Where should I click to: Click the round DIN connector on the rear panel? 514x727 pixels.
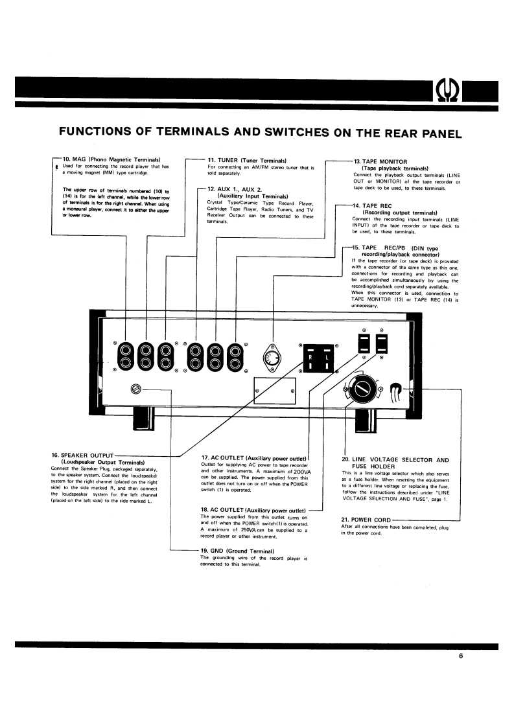pyautogui.click(x=272, y=358)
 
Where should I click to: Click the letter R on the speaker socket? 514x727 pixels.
pyautogui.click(x=310, y=358)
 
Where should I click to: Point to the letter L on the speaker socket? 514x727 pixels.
pyautogui.click(x=327, y=358)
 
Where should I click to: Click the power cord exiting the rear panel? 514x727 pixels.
pyautogui.click(x=397, y=390)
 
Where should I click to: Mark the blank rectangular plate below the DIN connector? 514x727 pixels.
pyautogui.click(x=274, y=391)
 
